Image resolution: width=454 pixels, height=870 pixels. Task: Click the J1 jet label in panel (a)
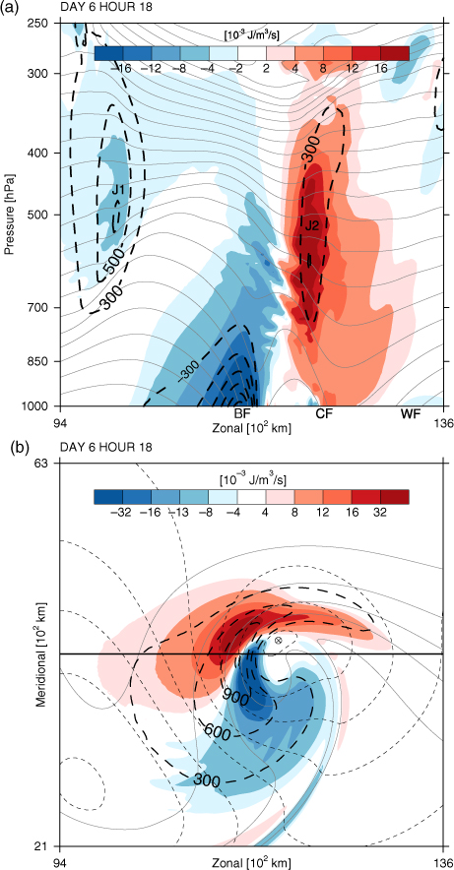[117, 190]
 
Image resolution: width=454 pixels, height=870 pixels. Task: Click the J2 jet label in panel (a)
[311, 225]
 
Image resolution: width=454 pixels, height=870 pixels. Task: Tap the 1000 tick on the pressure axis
[41, 405]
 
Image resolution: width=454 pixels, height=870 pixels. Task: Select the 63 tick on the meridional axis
[46, 463]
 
